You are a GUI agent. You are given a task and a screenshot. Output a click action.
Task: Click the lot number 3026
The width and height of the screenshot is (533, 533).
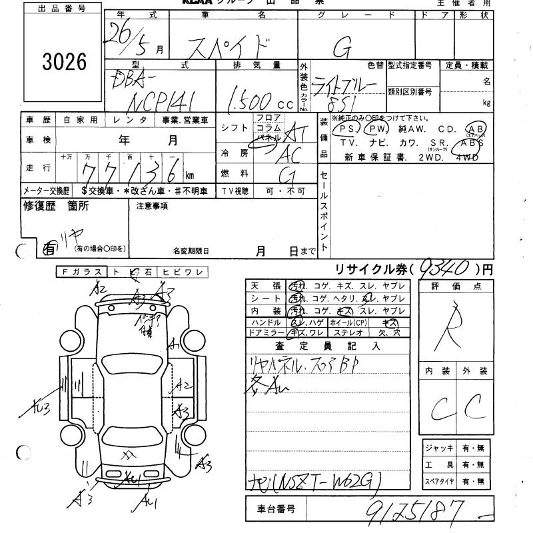point(65,61)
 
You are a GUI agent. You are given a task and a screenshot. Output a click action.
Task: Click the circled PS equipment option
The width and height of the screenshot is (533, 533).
point(344,129)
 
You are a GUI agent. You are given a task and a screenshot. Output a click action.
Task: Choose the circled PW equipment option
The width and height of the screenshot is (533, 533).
point(377,129)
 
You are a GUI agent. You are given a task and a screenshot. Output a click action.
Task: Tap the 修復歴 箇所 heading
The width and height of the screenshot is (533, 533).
point(56,207)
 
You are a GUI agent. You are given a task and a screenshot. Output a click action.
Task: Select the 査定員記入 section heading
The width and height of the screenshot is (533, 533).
point(326,346)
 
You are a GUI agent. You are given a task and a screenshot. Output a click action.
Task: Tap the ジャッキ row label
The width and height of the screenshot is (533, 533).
point(438,448)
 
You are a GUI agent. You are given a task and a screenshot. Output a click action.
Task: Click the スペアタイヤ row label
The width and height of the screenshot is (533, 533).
point(439,481)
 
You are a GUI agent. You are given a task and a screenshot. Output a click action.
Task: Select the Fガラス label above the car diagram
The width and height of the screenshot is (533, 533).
point(82,272)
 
